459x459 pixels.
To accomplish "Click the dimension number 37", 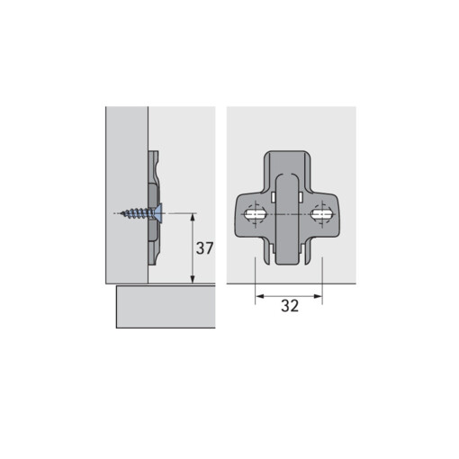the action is tap(204, 248).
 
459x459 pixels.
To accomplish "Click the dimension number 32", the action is tap(290, 306).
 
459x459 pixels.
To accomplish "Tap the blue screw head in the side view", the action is tap(158, 213).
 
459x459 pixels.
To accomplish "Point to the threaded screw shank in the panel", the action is tap(137, 213).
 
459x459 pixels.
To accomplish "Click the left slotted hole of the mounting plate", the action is tap(255, 214).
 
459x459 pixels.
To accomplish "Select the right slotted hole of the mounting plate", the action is tap(322, 214).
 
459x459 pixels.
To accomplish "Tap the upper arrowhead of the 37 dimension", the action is tap(193, 218).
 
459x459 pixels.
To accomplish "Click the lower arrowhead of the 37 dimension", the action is tap(193, 279).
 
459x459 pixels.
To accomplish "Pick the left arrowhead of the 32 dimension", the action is tap(259, 296).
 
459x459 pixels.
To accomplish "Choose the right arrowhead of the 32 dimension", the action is tap(318, 296).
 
